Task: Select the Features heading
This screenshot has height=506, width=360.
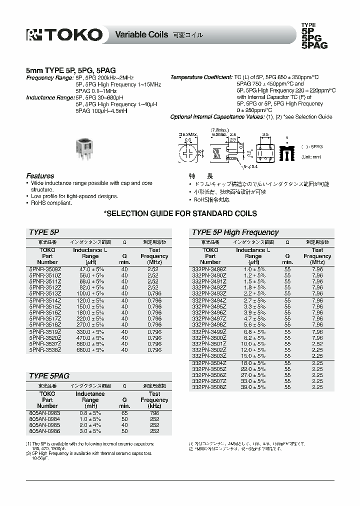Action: (x=40, y=176)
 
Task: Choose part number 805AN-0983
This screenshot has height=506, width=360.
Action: (x=44, y=413)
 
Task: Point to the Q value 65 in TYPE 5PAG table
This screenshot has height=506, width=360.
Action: (x=124, y=413)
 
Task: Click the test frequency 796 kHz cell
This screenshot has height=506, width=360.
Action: (x=154, y=413)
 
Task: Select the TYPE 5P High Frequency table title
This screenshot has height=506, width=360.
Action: (x=235, y=232)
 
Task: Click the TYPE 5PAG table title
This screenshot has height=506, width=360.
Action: (x=49, y=375)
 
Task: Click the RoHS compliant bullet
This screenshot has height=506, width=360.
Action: (x=51, y=203)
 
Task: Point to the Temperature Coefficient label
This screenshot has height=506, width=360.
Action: (x=201, y=77)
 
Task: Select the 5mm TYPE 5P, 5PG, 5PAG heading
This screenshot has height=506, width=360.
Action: (x=70, y=71)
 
